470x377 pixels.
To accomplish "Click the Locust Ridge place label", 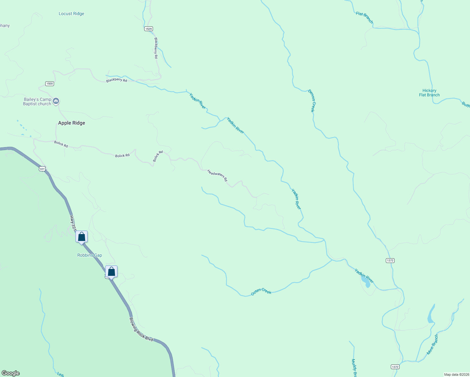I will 71,14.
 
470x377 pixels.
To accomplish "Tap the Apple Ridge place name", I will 72,123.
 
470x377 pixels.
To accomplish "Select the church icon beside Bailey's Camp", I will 56,101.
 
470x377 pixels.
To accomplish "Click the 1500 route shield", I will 50,84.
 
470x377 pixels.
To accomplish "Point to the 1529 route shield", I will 149,29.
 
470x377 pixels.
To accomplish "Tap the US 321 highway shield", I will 42,169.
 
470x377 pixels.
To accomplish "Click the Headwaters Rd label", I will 217,175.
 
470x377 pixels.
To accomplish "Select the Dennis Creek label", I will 311,101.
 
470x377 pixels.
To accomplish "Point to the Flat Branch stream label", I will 364,18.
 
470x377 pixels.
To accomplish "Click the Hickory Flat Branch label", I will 429,93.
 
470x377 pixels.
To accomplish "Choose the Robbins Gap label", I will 90,255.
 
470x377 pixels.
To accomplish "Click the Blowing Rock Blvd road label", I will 141,329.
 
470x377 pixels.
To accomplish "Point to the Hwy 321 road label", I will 73,223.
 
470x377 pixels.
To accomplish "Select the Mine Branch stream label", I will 432,345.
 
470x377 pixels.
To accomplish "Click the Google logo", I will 11,373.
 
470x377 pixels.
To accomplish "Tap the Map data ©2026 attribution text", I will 456,374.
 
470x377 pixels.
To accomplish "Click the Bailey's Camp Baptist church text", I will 37,101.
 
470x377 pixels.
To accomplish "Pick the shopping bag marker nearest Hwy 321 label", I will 81,237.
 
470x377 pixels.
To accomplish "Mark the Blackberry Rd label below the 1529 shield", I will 156,48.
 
